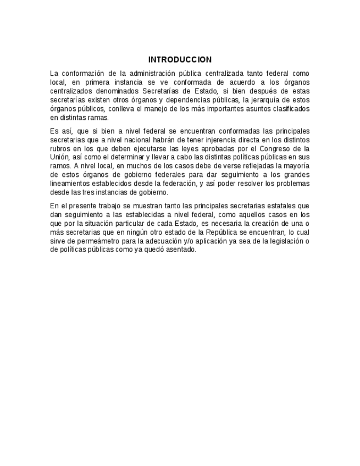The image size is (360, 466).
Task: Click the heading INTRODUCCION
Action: [180, 60]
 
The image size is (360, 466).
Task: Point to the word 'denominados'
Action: [118, 91]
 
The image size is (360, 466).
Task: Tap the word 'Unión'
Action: [59, 157]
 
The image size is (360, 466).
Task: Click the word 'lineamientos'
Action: [69, 184]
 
